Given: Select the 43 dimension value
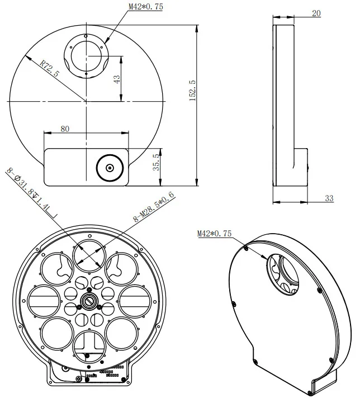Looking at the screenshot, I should (117, 79).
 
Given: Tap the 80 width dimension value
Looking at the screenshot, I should (65, 129).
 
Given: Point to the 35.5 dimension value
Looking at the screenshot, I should (157, 162).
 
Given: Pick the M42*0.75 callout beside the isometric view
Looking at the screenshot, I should (214, 234).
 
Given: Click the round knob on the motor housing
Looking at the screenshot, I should (110, 168).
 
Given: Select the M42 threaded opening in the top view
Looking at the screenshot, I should (87, 55).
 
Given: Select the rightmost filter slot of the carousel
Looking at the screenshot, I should (133, 301).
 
